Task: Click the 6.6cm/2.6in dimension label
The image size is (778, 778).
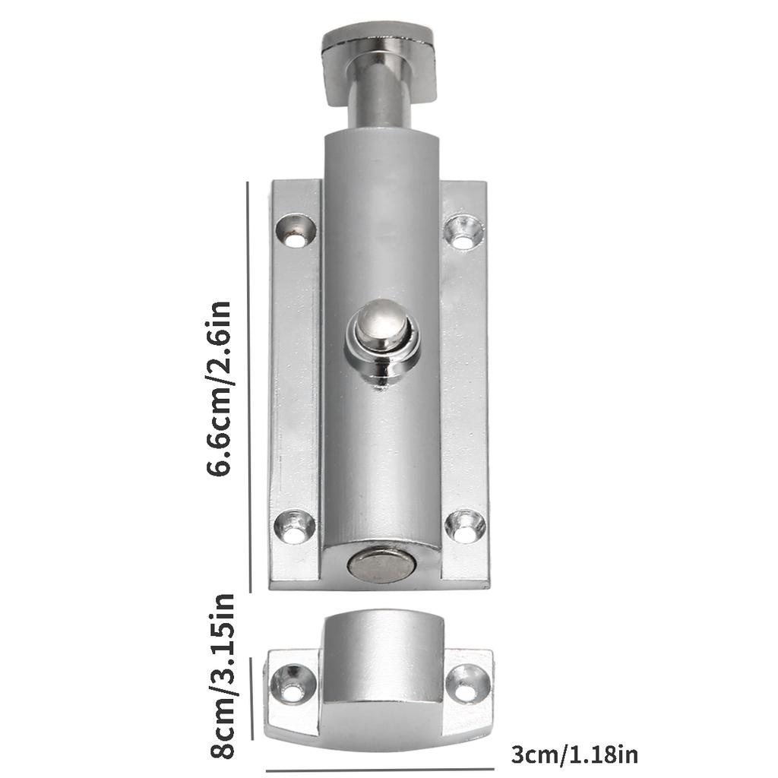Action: click(219, 388)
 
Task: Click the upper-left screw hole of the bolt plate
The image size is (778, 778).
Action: click(296, 231)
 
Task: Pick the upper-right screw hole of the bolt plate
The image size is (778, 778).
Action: click(463, 232)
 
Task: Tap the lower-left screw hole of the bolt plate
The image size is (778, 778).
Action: click(295, 527)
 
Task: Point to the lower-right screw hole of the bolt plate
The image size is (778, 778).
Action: click(465, 527)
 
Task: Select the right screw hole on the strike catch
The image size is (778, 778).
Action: click(468, 684)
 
